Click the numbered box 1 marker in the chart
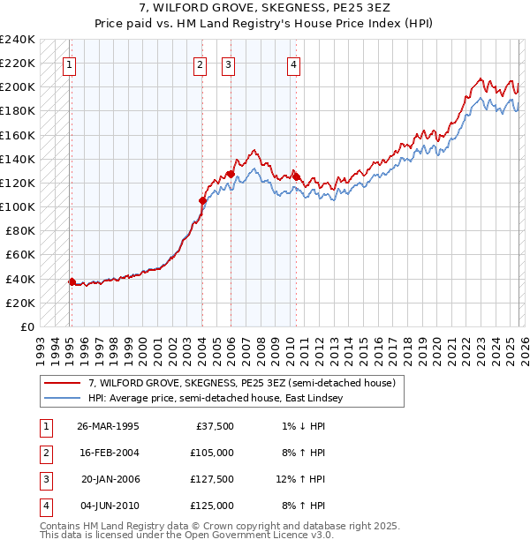point(69,64)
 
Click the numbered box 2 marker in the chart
point(201,64)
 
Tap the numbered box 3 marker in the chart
point(228,64)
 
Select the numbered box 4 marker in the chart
point(292,64)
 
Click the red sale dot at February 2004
point(202,200)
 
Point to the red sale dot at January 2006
point(231,174)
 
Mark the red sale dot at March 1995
point(72,281)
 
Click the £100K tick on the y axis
point(18,206)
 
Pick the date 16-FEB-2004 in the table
point(108,453)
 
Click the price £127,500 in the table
point(212,480)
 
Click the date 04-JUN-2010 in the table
point(108,506)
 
